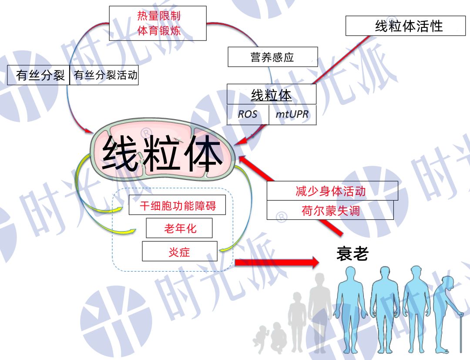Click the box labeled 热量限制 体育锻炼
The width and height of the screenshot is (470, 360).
coord(158,23)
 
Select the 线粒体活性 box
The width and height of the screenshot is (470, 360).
coord(405,26)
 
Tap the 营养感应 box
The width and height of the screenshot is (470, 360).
coord(272,57)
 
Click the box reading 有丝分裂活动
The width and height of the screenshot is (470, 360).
coord(104,75)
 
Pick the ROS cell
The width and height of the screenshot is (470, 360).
coord(248,114)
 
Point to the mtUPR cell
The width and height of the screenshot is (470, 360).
coord(292,114)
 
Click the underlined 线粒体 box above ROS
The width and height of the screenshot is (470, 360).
coord(271,94)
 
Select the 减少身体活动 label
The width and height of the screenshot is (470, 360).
coord(332,191)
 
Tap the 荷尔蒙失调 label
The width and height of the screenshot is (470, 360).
coord(330,210)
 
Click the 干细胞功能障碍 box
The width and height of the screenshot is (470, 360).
coord(177,205)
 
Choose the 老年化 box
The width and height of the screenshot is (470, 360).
coord(179,228)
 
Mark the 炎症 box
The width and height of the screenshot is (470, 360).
coord(180,251)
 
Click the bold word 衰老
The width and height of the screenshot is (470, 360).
coord(352,254)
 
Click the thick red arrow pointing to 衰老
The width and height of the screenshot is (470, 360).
coord(277,262)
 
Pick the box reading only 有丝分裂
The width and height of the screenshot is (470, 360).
coord(39,75)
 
